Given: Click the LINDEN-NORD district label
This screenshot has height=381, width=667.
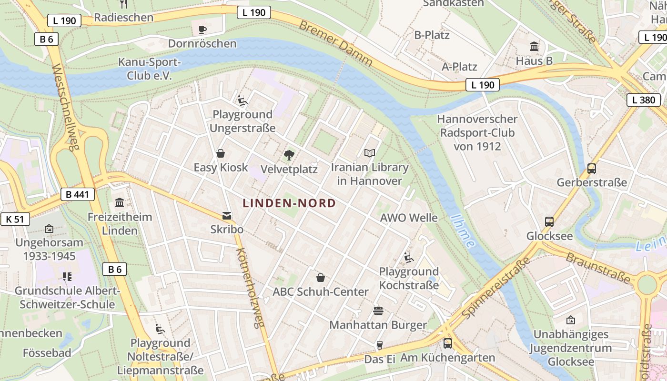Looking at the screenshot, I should tap(289, 203).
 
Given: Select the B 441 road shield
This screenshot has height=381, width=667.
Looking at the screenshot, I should tap(78, 194).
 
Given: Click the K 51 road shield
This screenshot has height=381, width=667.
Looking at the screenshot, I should tap(15, 219).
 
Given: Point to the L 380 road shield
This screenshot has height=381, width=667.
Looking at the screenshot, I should tap(644, 100).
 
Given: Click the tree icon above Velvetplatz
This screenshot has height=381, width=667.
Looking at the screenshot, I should tap(289, 155).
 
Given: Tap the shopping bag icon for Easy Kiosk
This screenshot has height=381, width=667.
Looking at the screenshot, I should tap(221, 153).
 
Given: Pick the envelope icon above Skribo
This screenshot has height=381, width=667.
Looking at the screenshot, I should tap(227, 216).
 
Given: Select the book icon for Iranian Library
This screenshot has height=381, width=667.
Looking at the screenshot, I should tap(370, 153).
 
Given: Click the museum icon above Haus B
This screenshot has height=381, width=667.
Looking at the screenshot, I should tap(534, 47).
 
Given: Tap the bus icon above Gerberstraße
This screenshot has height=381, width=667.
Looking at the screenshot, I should tap(592, 168).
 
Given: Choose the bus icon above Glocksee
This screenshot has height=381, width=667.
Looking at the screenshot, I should tap(549, 221).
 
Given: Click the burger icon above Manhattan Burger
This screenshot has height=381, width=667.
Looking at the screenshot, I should tap(378, 311).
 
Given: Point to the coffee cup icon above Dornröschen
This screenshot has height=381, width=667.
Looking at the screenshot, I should tap(202, 30).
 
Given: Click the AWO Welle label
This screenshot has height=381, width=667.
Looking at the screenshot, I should tap(409, 218).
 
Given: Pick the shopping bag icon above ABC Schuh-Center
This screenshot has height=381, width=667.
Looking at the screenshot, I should tap(321, 277).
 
